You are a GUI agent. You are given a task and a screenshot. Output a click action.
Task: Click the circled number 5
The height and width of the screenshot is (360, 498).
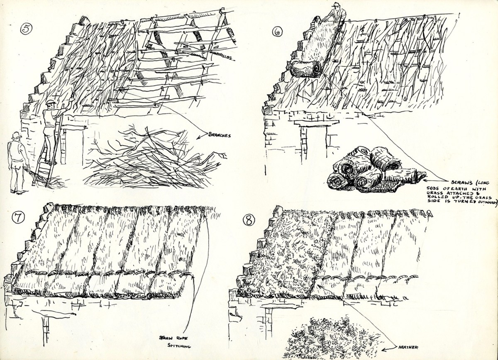pos(26,29)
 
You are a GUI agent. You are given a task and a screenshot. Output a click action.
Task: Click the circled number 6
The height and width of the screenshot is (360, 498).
pos(277,32)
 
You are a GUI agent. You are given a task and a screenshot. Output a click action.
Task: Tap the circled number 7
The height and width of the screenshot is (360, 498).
pos(18,219)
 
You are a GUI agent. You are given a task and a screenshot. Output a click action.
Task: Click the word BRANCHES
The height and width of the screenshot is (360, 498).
pos(219,135)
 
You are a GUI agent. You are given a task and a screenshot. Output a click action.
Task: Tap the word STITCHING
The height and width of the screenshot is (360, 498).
pos(179,346)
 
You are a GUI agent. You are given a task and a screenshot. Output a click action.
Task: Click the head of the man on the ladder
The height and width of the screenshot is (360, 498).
pos(51,104)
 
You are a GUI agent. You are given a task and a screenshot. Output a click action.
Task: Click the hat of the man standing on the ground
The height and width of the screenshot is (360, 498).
pos(17,135)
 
